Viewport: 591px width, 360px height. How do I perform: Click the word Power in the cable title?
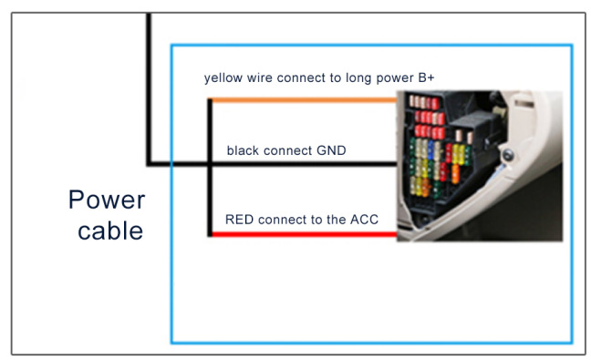[x=107, y=200]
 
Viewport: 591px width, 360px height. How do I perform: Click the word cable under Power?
[x=110, y=230]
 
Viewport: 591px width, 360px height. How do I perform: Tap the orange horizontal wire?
[x=304, y=100]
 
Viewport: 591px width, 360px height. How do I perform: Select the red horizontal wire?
[x=304, y=234]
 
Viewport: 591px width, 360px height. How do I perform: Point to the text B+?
[x=426, y=77]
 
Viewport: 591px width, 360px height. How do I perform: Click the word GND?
[x=331, y=150]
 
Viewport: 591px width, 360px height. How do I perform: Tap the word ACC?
[x=364, y=219]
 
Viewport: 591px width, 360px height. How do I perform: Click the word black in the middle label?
[x=243, y=150]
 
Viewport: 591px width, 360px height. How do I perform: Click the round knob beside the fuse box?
[x=508, y=155]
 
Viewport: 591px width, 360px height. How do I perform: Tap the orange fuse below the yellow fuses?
[x=455, y=174]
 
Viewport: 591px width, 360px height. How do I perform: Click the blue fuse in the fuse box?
[x=430, y=149]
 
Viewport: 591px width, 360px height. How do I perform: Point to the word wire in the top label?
[x=260, y=77]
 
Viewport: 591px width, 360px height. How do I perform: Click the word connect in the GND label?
[x=288, y=150]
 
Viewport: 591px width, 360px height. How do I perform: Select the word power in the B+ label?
[x=395, y=78]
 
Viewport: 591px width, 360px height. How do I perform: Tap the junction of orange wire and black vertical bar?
[x=210, y=100]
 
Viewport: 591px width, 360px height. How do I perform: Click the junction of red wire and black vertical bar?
[x=210, y=234]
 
